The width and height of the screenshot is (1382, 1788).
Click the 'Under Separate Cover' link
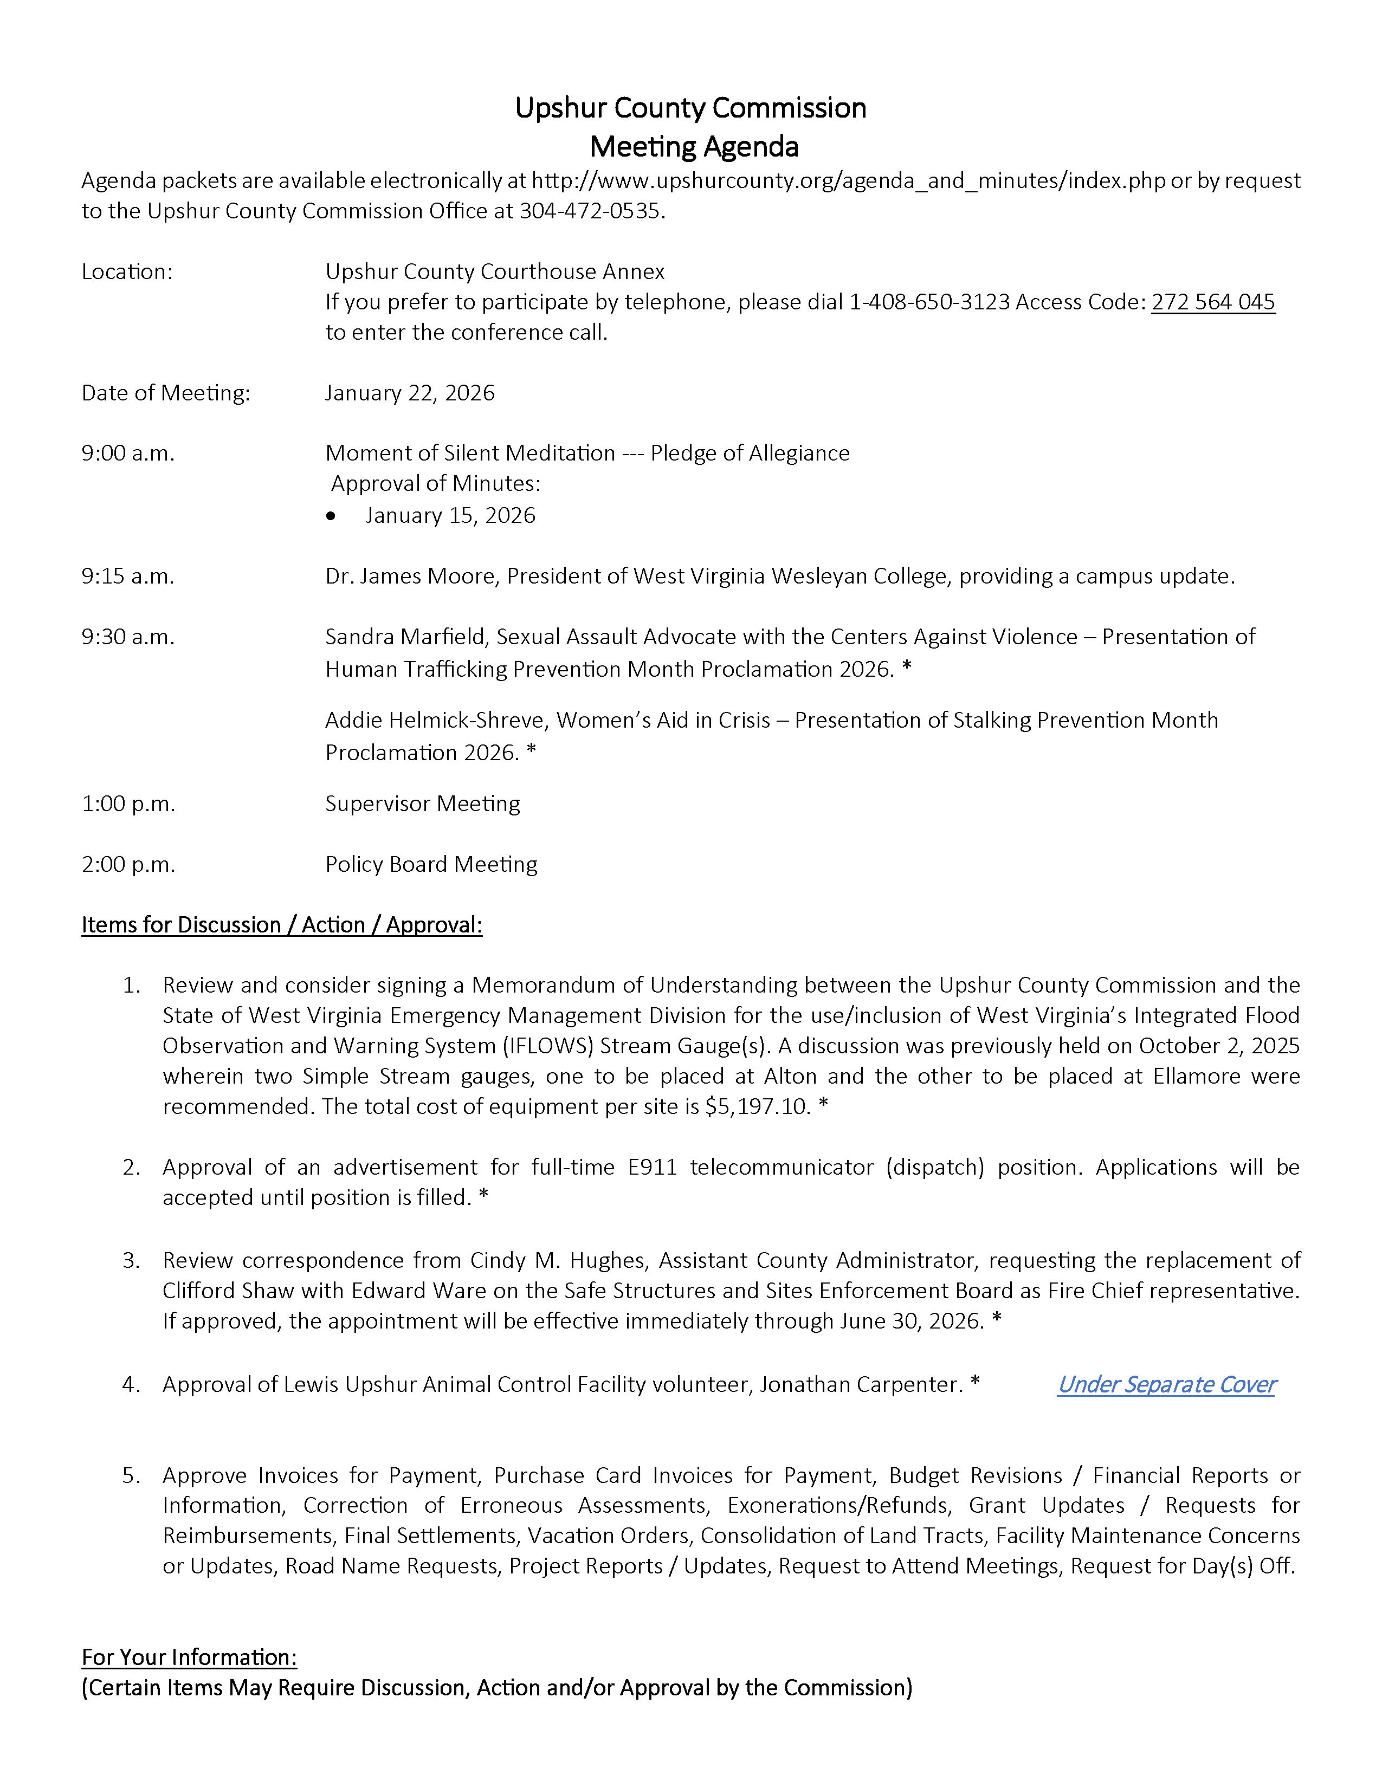1166,1384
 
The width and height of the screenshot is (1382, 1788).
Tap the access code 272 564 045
1212,302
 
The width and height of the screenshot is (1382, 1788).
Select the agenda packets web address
848,181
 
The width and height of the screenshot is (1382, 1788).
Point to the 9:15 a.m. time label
128,576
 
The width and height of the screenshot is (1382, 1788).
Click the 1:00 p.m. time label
128,804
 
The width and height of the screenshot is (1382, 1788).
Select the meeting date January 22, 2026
409,393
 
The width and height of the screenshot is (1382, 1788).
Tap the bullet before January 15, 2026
331,516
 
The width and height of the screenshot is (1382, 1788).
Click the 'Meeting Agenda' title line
694,146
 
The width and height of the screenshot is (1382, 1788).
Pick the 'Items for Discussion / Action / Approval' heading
282,925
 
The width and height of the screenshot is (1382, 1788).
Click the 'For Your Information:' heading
189,1658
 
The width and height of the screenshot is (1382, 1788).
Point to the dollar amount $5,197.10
757,1107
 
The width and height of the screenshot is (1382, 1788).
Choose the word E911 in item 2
653,1168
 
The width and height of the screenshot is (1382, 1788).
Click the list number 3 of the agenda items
131,1261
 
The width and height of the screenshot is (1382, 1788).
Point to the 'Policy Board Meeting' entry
431,865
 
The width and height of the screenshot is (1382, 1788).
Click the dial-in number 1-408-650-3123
929,302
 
